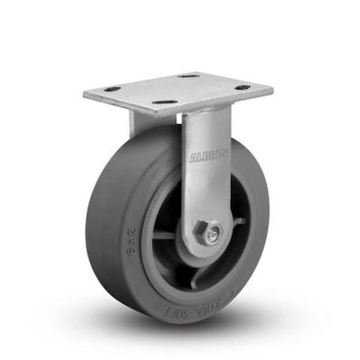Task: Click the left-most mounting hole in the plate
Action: pos(112,89)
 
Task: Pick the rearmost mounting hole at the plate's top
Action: pos(189,76)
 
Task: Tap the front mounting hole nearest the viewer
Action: pos(164,102)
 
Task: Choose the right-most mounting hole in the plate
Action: pos(243,87)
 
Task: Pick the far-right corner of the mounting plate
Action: pos(271,88)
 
